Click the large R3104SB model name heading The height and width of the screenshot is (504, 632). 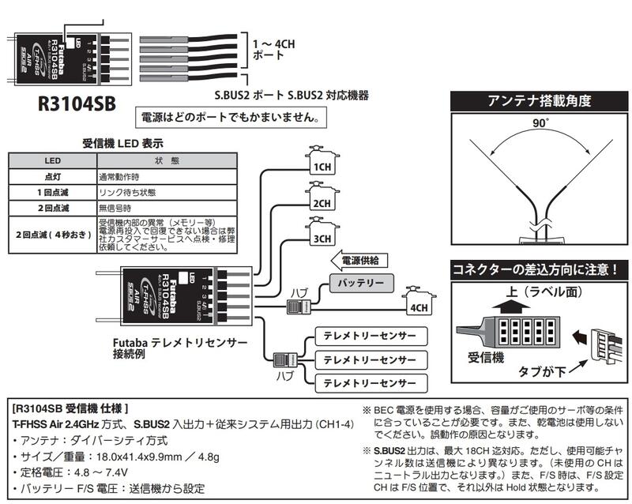pyautogui.click(x=77, y=103)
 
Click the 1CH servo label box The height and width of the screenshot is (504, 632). pyautogui.click(x=322, y=167)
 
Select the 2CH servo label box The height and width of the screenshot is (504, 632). pyautogui.click(x=322, y=203)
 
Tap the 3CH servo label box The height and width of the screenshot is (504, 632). pyautogui.click(x=322, y=239)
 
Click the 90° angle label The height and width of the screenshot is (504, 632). pyautogui.click(x=539, y=124)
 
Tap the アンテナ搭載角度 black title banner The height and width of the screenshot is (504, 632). pyautogui.click(x=539, y=101)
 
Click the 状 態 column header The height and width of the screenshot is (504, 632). pyautogui.click(x=167, y=160)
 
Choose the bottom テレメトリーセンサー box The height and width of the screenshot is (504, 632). pyautogui.click(x=369, y=383)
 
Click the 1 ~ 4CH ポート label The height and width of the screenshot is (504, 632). pyautogui.click(x=273, y=49)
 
